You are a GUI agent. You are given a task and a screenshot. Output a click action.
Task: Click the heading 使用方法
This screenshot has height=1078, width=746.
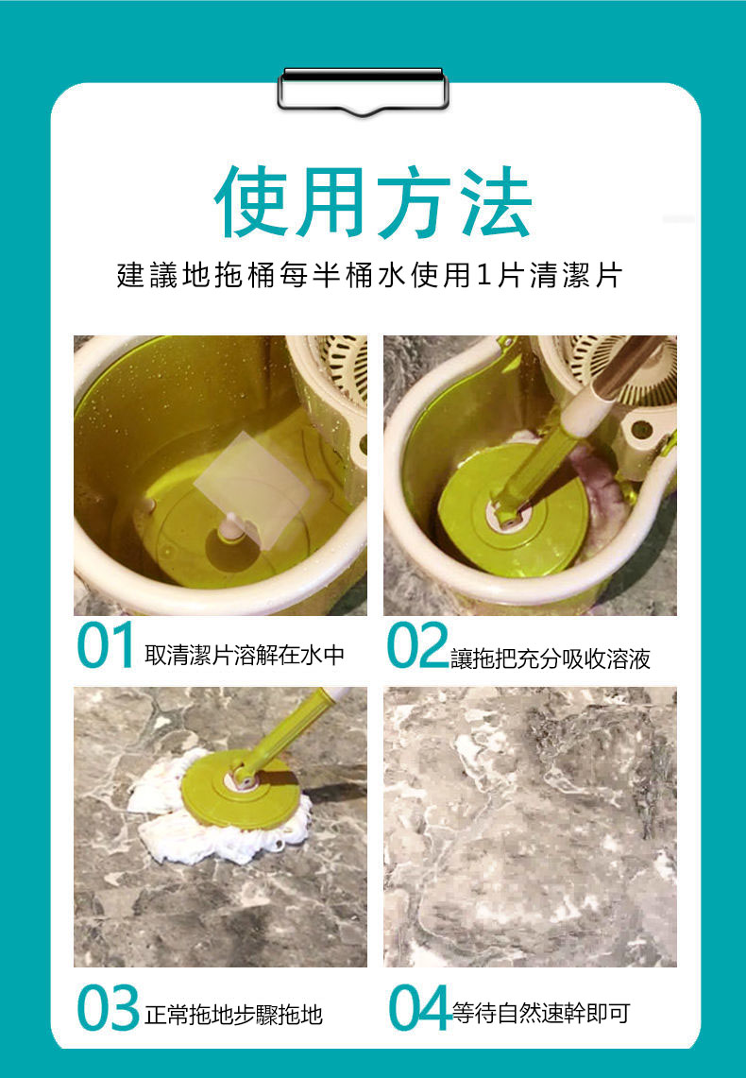click(373, 201)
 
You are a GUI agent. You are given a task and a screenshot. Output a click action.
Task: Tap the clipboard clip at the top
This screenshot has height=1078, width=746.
click(364, 90)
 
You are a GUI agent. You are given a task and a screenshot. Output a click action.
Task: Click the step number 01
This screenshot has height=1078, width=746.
click(105, 645)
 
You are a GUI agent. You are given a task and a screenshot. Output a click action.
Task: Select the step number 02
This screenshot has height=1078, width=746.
click(417, 645)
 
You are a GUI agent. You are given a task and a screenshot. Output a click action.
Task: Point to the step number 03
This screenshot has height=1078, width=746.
click(108, 1007)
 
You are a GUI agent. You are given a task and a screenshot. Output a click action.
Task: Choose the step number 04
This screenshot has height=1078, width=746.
click(419, 1007)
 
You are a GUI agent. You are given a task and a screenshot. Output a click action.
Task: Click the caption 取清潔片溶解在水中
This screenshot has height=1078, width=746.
click(244, 655)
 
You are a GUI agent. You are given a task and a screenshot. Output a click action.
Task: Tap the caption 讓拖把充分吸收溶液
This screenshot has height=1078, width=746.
click(551, 659)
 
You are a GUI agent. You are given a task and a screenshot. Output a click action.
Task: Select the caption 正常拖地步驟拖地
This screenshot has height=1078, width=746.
click(233, 1015)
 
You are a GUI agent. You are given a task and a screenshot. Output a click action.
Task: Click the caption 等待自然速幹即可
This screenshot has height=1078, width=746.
click(541, 1013)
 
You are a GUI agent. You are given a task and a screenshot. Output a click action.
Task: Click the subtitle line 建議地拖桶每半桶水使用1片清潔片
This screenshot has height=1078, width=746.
click(369, 276)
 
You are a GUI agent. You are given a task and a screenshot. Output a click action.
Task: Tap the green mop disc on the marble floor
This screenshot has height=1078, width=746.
click(241, 789)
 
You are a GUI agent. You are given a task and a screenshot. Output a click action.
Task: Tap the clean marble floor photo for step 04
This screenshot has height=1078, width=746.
click(530, 827)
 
